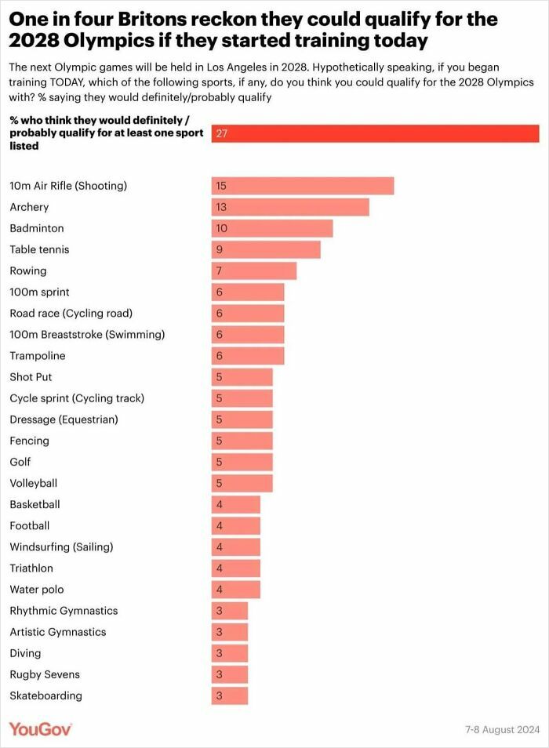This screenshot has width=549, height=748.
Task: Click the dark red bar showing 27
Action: coord(375,133)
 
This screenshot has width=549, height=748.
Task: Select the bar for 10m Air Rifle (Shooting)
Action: coord(302,186)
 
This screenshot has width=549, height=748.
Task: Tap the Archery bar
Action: coord(289,207)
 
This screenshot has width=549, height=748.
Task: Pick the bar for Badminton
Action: coord(271,228)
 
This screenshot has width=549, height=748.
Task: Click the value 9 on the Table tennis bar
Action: coord(220,249)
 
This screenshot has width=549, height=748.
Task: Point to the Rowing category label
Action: coord(28,271)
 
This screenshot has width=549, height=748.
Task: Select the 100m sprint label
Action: coord(39,292)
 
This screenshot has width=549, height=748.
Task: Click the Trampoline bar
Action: coord(247,355)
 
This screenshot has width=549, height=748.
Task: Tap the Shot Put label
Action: coord(31,376)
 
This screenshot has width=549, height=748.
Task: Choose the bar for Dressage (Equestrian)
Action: coord(242,419)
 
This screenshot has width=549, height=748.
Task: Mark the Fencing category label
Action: coord(29,441)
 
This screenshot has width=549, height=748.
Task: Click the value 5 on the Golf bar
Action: coord(220,462)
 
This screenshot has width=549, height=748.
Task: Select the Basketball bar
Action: coord(235,504)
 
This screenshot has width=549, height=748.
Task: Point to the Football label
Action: coord(29,525)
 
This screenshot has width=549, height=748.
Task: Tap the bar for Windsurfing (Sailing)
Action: coord(235,546)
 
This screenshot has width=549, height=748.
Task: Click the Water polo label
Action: coord(36,589)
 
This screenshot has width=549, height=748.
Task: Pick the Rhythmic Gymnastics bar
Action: coord(229,610)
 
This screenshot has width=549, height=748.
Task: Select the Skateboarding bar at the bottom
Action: coord(229,695)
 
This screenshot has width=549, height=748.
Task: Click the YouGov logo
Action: coord(41,729)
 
